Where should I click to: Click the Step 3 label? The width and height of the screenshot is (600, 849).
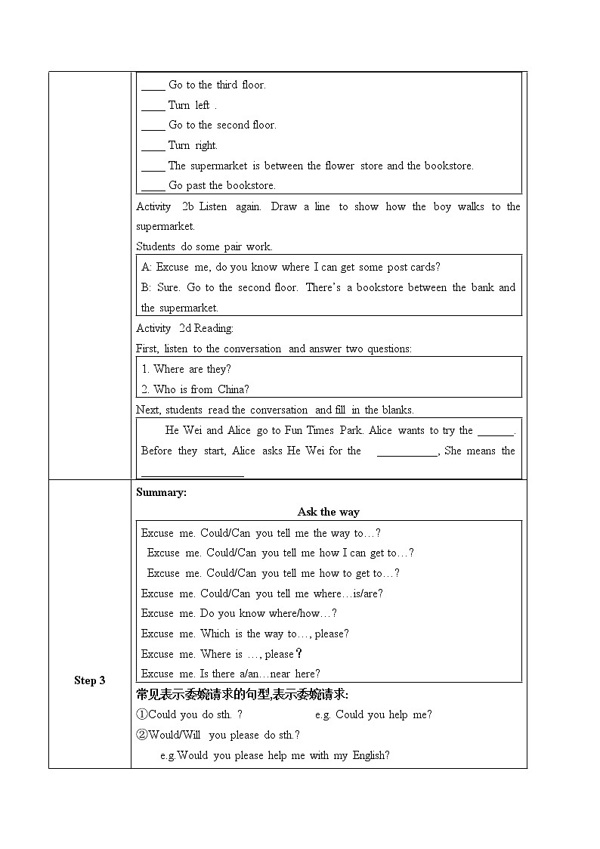point(90,680)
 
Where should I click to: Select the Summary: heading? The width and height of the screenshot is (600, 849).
point(161,492)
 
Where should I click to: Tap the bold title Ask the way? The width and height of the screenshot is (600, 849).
point(329,512)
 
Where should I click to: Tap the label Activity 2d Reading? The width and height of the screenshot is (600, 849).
point(185,328)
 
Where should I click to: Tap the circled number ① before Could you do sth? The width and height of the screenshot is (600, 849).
point(142,714)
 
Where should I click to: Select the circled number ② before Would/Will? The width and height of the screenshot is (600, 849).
point(142,735)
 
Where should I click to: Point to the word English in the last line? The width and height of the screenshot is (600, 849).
point(370,755)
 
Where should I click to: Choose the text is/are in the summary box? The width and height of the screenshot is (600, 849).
point(368,593)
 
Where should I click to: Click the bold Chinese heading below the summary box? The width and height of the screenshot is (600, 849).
point(242,694)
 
